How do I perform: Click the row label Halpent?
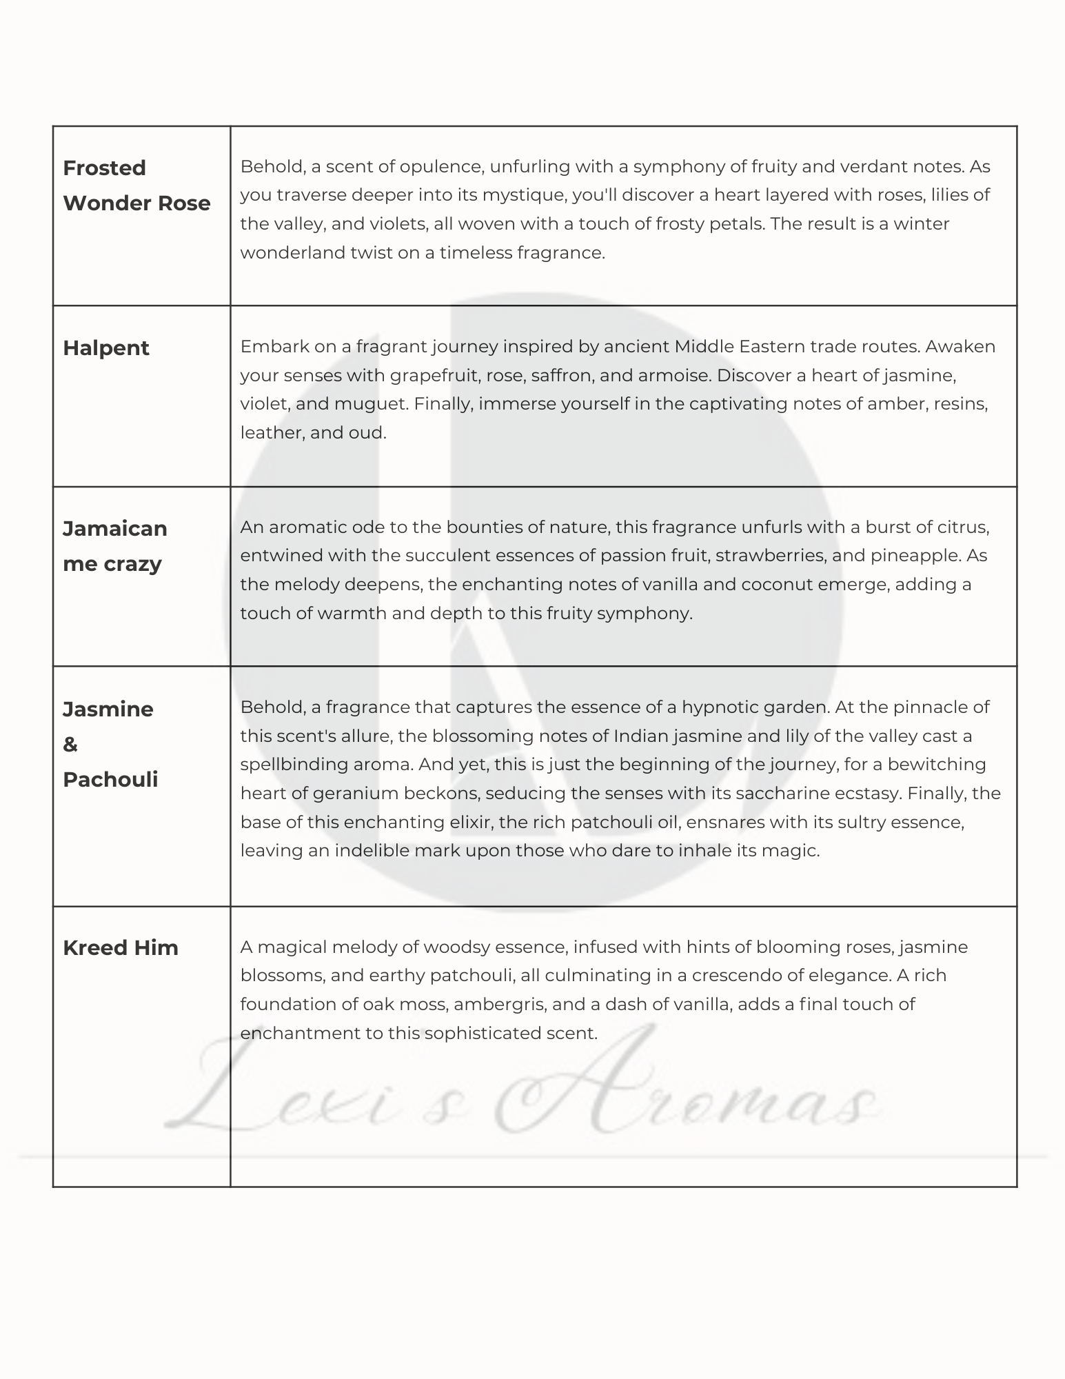pos(105,348)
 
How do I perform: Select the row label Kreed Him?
pos(120,947)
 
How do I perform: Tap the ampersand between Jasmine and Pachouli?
pos(70,745)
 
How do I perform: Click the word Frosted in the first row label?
pos(104,168)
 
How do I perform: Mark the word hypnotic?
pos(725,707)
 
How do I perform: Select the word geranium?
pos(356,794)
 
